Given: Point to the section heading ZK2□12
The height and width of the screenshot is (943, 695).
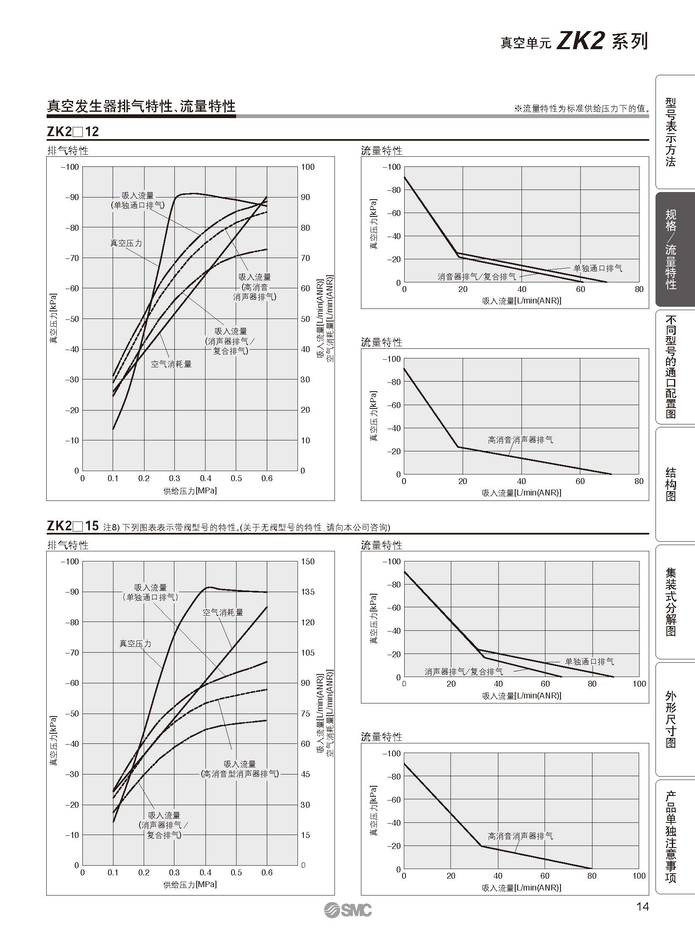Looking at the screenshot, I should point(72,132).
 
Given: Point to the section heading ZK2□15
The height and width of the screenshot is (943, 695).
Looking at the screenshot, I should point(72,526).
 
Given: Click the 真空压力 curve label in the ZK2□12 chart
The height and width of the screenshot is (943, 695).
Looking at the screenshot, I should point(126,243).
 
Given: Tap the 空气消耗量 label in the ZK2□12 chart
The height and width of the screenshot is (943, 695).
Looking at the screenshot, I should point(171,364).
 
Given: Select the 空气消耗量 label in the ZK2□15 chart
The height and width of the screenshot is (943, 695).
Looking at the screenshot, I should point(223,613).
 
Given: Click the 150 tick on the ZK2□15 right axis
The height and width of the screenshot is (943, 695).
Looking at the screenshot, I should point(308,561).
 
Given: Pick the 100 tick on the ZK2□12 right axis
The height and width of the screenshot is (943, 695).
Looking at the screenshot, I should point(308,167).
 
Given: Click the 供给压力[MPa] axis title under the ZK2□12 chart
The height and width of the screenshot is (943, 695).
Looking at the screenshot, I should point(190,491).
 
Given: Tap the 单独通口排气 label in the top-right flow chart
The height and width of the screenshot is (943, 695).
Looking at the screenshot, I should point(598,268).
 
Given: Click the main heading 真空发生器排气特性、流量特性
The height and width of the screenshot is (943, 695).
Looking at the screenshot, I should point(141,106).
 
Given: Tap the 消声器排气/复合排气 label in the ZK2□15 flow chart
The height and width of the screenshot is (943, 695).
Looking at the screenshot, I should point(463,672).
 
